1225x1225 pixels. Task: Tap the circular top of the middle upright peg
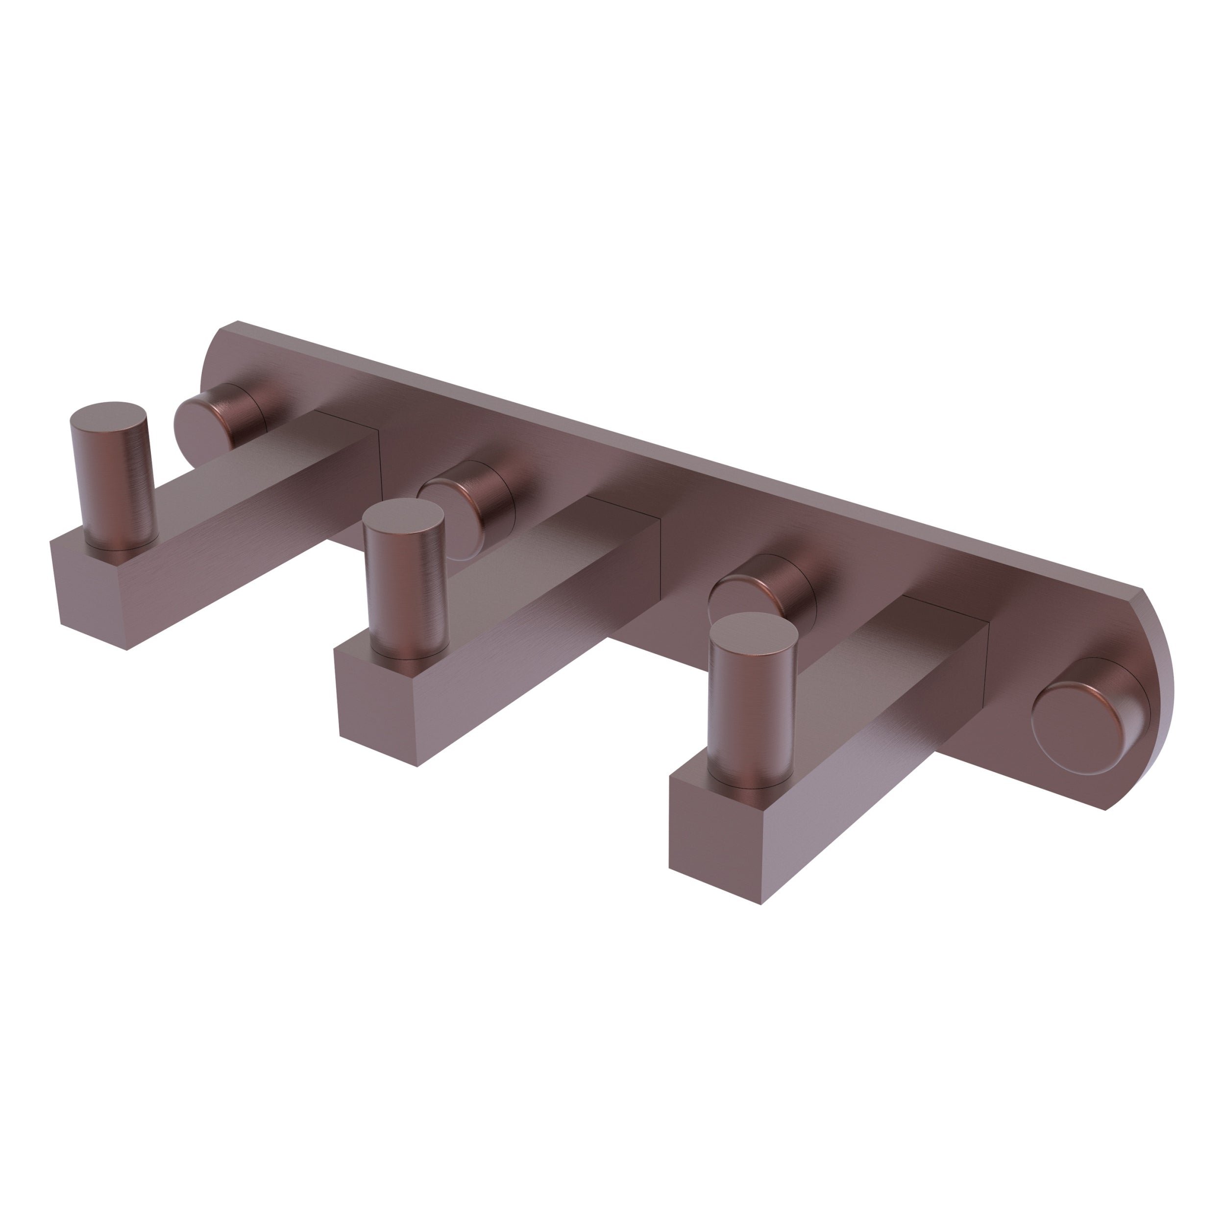click(x=403, y=514)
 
